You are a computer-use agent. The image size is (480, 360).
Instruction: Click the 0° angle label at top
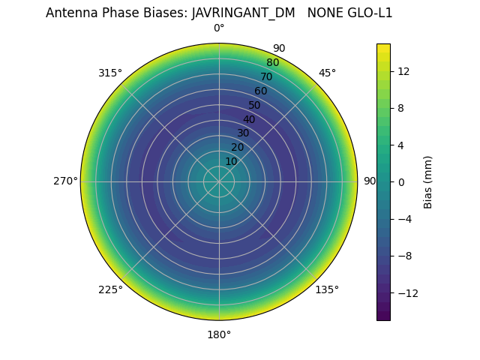click(219, 28)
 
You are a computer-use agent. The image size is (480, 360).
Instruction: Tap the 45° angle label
click(327, 73)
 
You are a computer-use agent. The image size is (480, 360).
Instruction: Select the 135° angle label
click(327, 289)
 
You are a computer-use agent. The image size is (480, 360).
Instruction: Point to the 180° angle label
click(219, 334)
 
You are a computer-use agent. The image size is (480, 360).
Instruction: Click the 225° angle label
click(110, 289)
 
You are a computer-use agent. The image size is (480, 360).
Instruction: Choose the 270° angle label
click(65, 181)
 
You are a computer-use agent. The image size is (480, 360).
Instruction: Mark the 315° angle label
click(110, 73)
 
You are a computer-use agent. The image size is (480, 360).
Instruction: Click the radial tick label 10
click(231, 161)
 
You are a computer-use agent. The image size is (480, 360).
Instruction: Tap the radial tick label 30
click(243, 133)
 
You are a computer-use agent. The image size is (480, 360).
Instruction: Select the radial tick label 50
click(255, 105)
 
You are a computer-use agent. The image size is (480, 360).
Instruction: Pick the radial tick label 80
click(273, 63)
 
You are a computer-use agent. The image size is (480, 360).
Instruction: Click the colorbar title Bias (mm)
click(428, 181)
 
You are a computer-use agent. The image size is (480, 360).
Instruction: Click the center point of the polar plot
click(219, 181)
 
